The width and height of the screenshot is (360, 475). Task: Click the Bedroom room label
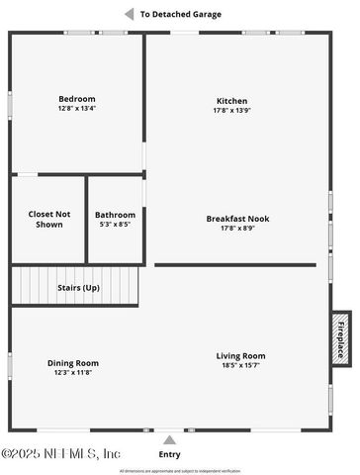[x=76, y=99]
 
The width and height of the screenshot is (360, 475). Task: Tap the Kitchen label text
[x=232, y=101]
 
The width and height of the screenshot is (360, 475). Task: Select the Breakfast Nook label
[x=237, y=219]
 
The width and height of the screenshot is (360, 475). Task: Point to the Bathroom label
[x=115, y=215]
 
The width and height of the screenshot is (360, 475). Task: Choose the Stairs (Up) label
[x=78, y=287]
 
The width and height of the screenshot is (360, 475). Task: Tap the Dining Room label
[x=73, y=363]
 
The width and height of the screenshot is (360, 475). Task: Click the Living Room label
[x=240, y=356]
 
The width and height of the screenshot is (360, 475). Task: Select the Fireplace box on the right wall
[x=340, y=338]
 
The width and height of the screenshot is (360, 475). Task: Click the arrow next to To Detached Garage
[x=129, y=14]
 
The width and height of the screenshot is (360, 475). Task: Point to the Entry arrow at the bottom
[x=170, y=440]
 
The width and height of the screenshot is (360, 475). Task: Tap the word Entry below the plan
[x=170, y=454]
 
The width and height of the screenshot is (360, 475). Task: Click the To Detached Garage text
[x=181, y=15]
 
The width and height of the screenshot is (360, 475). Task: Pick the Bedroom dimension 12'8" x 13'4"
[x=76, y=109]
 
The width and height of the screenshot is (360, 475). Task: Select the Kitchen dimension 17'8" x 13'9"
[x=232, y=111]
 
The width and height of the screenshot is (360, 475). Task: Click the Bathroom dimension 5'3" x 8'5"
[x=115, y=225]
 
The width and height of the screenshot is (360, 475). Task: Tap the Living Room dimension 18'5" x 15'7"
[x=240, y=366]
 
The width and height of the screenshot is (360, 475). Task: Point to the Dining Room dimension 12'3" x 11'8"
[x=73, y=373]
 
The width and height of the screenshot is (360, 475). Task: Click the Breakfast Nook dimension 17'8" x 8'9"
[x=237, y=229]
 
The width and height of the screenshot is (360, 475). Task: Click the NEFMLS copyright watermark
[x=61, y=453]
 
